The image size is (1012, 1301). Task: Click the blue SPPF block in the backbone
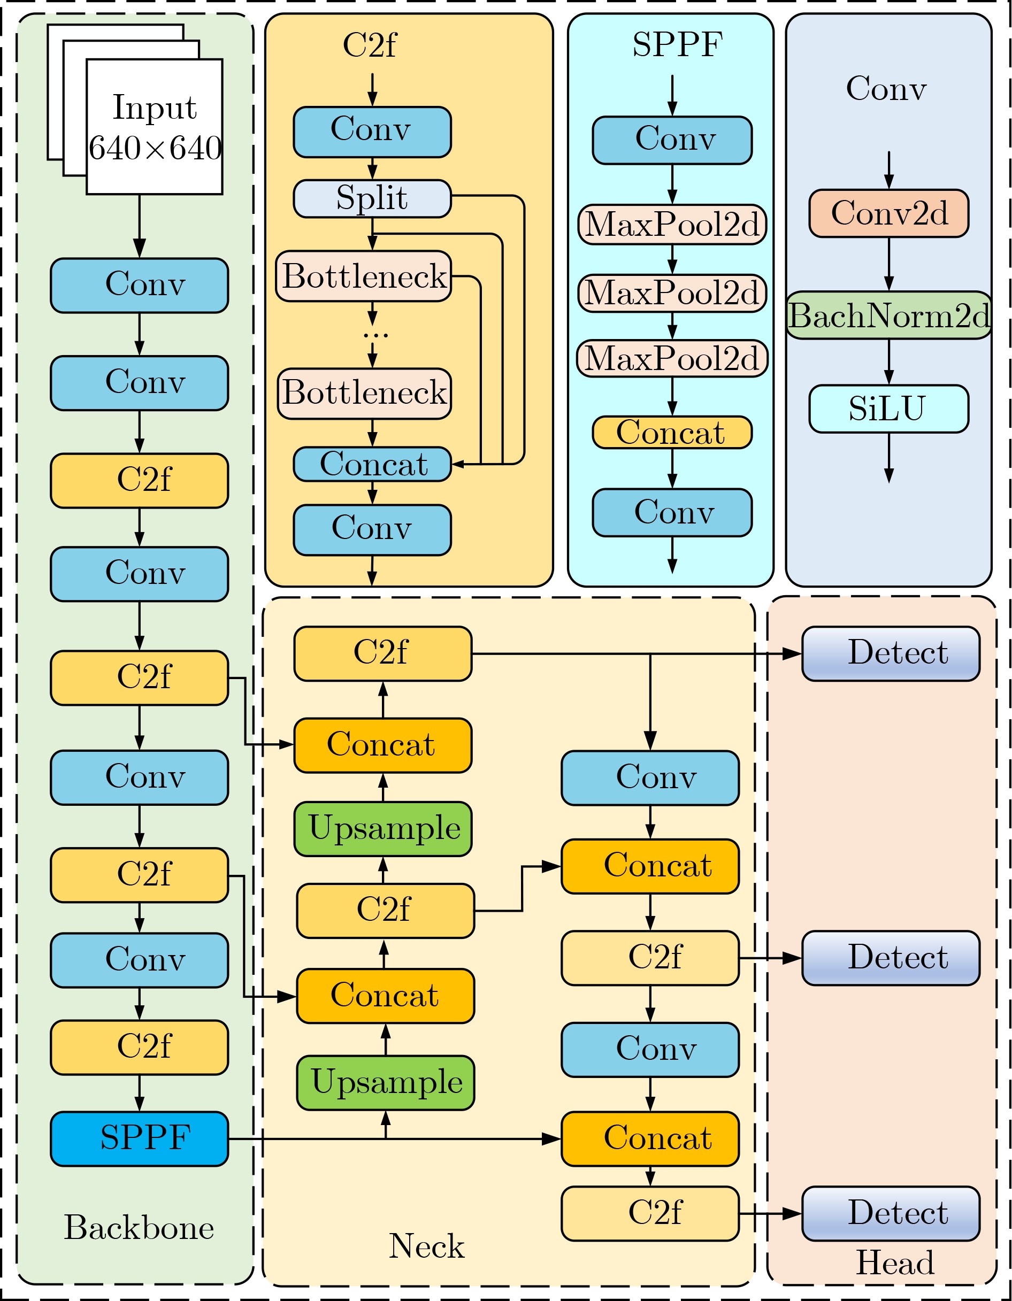point(140,1138)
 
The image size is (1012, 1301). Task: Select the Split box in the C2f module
point(372,198)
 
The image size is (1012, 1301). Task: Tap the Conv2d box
point(888,213)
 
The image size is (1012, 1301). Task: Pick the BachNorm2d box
point(888,315)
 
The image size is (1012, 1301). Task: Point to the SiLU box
point(888,409)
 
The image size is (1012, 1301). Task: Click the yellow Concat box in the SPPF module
point(672,433)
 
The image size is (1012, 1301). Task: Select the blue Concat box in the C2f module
point(372,464)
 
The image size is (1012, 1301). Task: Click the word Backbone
point(139,1228)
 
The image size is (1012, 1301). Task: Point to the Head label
point(894,1262)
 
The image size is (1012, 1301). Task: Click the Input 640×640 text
point(155,127)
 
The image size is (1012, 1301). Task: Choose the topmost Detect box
point(891,653)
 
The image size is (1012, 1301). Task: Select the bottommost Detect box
point(891,1213)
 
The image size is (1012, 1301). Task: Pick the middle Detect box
point(891,958)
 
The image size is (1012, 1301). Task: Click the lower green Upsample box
point(386,1082)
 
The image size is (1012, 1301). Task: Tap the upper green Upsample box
point(383,829)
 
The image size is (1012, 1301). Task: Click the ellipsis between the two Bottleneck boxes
point(375,335)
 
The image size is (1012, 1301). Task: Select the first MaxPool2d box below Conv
point(672,225)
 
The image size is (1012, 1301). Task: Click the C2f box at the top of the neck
point(382,653)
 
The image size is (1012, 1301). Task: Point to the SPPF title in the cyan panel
point(677,45)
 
